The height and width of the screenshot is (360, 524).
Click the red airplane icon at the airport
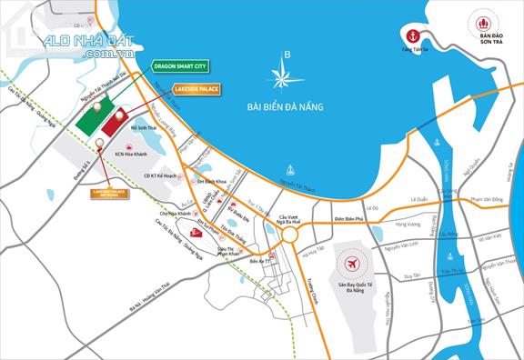tap(351, 265)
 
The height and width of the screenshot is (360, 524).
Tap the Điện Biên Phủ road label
tap(348, 218)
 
